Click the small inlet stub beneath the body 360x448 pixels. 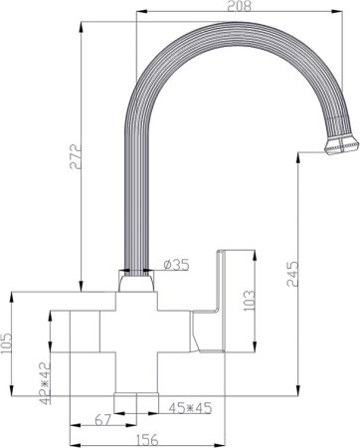pos(138,397)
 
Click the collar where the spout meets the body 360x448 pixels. pos(138,284)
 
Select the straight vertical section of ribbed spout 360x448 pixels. pos(138,199)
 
